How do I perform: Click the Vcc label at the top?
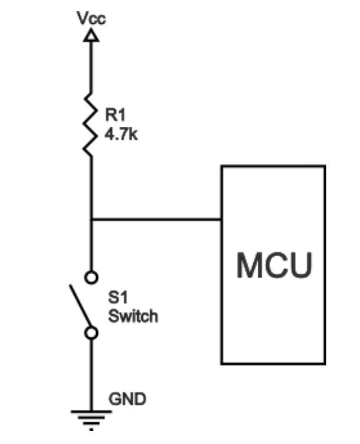coord(91,17)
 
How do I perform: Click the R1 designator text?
coord(114,115)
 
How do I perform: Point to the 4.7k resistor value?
coord(121,133)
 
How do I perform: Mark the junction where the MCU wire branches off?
coord(91,219)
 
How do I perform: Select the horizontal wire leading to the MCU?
coord(156,219)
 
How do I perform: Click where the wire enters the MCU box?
coord(221,219)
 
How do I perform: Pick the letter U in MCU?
coord(298,265)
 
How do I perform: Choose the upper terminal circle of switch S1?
coord(91,277)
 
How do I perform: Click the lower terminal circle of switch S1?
coord(91,333)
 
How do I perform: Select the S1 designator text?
coord(117,300)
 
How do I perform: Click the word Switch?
coord(133,316)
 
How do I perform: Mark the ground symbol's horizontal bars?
coord(91,415)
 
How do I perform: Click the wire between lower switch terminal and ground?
coord(91,372)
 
